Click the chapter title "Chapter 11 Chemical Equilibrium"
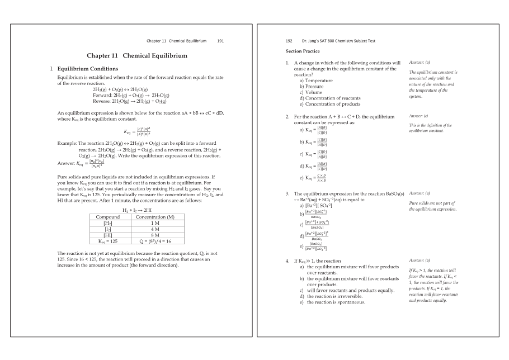136,56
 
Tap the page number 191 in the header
220,41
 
